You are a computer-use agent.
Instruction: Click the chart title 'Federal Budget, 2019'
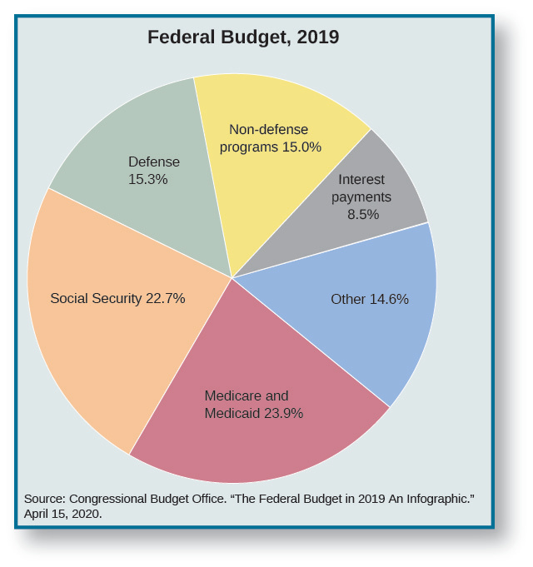[243, 37]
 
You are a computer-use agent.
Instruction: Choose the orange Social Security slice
[100, 350]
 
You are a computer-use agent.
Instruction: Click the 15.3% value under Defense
[148, 179]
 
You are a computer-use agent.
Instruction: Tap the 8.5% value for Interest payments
[363, 214]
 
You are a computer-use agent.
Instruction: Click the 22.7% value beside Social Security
[165, 298]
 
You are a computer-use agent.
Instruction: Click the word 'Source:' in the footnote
[45, 498]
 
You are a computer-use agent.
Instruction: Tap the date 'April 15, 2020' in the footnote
[62, 514]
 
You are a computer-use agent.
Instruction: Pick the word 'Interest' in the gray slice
[361, 180]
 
